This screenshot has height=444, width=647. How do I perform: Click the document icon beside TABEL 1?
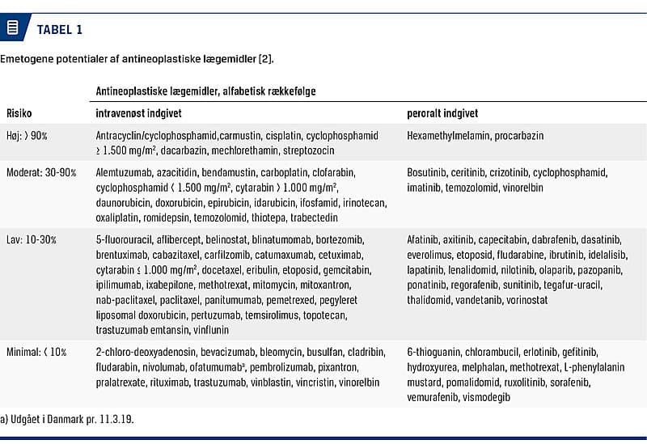coord(12,28)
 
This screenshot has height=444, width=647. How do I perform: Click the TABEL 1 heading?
coord(59,29)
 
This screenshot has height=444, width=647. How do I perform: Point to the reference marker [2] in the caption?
coord(267,59)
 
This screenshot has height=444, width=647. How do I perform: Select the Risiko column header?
coord(20,114)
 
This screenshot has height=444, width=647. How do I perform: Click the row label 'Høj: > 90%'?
coord(27,136)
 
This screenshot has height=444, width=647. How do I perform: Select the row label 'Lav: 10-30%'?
coord(32,240)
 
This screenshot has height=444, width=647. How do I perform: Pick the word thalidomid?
coord(429,300)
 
